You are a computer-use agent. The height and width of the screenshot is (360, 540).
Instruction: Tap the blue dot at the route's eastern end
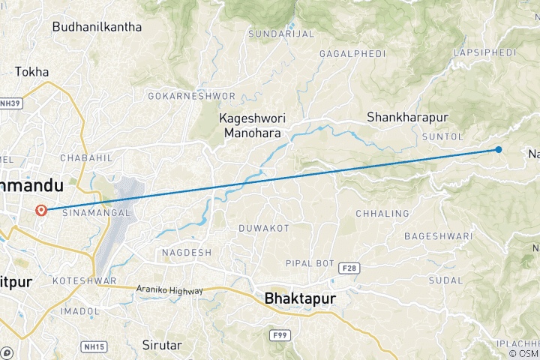pyautogui.click(x=499, y=149)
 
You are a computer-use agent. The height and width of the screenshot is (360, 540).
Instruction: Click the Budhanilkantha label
pyautogui.click(x=97, y=27)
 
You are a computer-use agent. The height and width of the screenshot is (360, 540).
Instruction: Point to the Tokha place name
pyautogui.click(x=32, y=72)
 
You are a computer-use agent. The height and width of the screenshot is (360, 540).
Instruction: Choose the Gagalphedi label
pyautogui.click(x=352, y=54)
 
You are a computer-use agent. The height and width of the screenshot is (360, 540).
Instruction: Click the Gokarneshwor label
pyautogui.click(x=192, y=97)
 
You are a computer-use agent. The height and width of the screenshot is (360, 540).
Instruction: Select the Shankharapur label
pyautogui.click(x=407, y=117)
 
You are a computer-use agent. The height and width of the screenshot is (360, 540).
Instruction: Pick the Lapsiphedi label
pyautogui.click(x=484, y=52)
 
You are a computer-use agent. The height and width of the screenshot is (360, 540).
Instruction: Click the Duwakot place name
pyautogui.click(x=263, y=227)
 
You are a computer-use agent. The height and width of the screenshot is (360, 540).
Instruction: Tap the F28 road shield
pyautogui.click(x=349, y=267)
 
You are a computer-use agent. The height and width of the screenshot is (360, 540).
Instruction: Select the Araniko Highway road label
pyautogui.click(x=169, y=289)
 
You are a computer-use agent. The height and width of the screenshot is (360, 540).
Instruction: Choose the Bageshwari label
pyautogui.click(x=438, y=236)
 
